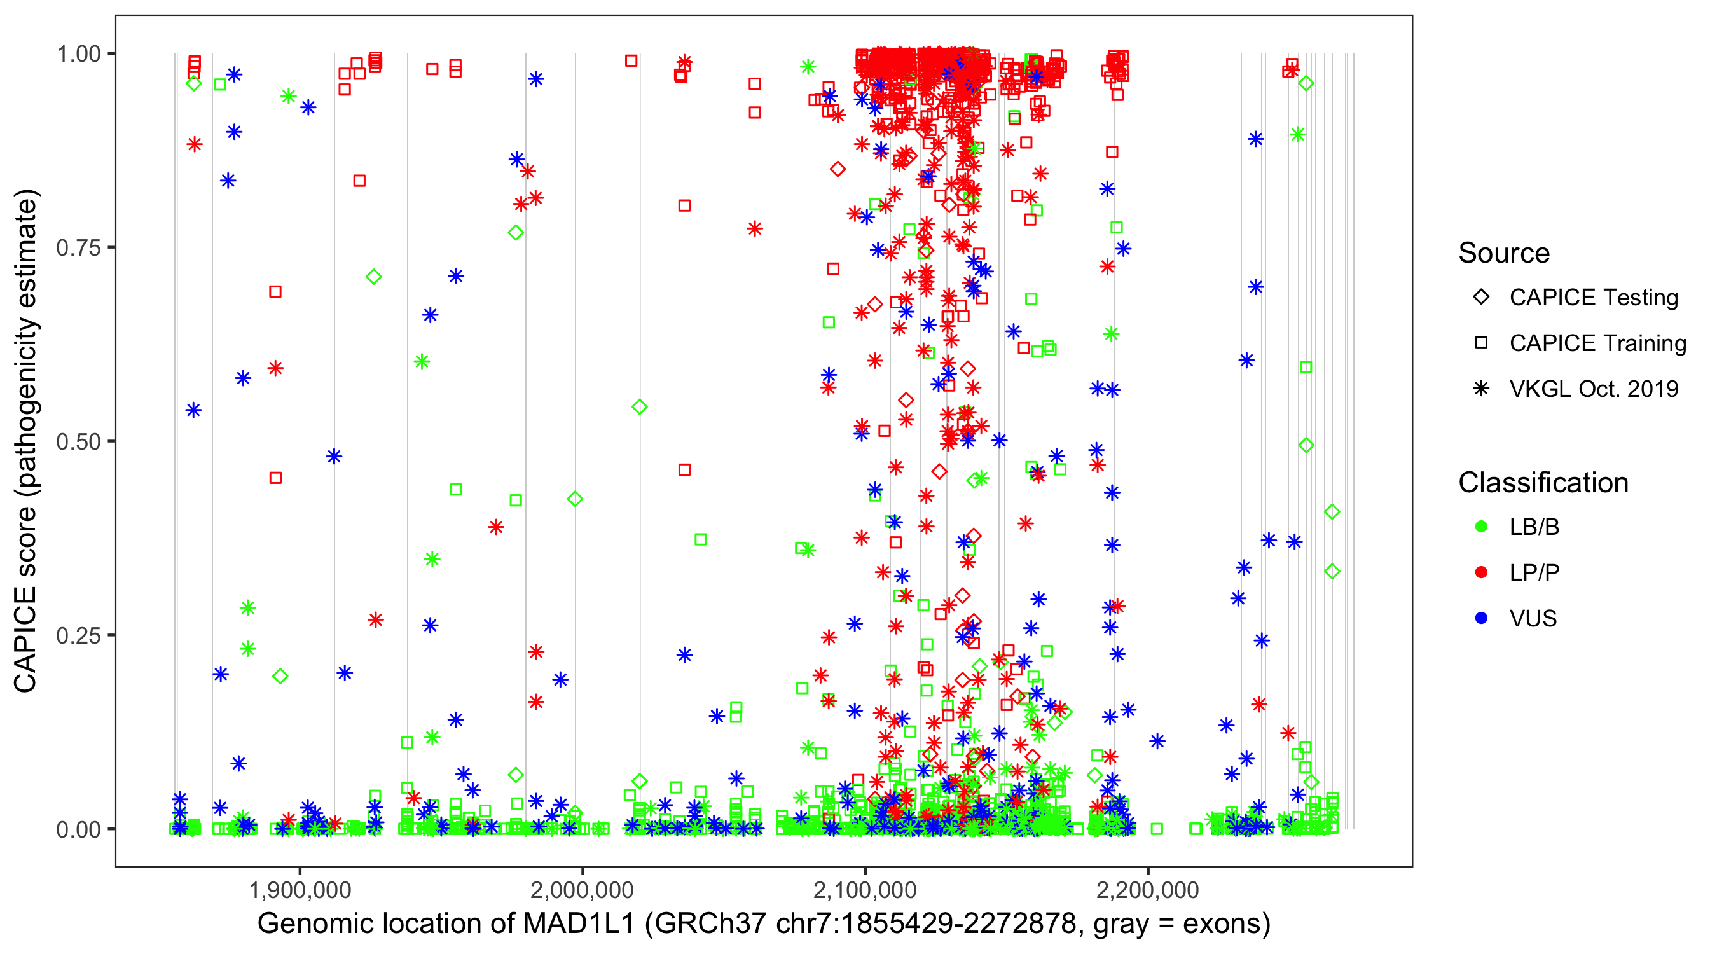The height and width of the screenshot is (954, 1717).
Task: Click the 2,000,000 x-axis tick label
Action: (583, 890)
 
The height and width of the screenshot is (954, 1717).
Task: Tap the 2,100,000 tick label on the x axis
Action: (865, 890)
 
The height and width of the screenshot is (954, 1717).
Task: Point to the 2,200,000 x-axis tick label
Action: (1148, 890)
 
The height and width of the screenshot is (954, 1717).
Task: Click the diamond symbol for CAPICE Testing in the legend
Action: (1481, 298)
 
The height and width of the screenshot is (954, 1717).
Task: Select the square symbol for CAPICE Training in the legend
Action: (1481, 343)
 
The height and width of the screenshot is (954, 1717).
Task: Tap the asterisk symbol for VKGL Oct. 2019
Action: (1481, 389)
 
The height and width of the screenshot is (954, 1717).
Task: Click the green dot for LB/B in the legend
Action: (1481, 527)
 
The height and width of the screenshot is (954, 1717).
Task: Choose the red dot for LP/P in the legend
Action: (1481, 572)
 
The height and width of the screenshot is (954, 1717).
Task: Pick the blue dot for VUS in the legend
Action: (1481, 619)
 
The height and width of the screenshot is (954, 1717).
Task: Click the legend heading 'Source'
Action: (1504, 253)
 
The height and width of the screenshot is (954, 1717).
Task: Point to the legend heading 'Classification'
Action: (1543, 483)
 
